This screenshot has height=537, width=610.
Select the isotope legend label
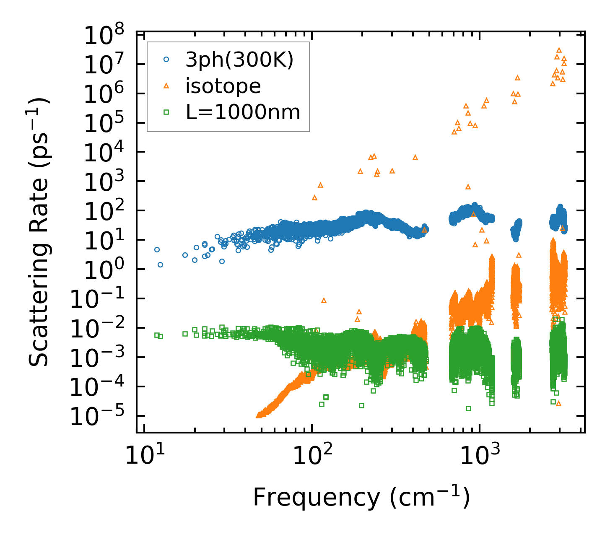(223, 86)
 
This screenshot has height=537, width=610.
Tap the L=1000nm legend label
(243, 112)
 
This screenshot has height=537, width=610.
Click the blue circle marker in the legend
(166, 60)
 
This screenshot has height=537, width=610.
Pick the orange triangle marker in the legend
(166, 86)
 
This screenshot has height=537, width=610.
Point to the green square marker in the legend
(166, 112)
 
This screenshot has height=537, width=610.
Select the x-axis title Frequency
(361, 498)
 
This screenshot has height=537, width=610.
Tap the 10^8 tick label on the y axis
(103, 36)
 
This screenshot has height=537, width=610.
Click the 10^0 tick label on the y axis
(103, 270)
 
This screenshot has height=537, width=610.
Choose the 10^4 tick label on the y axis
(103, 153)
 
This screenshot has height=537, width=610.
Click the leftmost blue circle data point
(157, 249)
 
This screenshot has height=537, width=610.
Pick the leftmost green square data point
(157, 335)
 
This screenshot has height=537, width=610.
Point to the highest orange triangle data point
(558, 50)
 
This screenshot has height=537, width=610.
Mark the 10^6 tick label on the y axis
(103, 94)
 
